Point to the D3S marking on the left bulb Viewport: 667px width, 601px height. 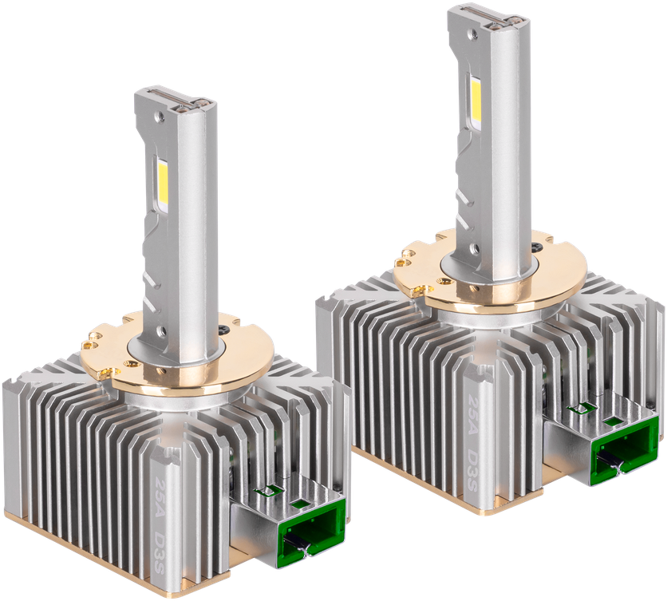point(161,546)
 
